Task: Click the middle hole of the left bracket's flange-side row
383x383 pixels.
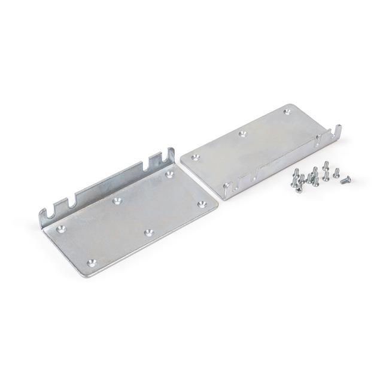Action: coord(116,200)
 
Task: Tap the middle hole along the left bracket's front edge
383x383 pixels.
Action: coord(149,232)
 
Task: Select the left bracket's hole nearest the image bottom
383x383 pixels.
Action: coord(91,262)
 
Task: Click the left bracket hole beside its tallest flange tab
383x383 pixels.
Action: coord(169,174)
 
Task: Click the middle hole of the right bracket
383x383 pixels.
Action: coord(242,134)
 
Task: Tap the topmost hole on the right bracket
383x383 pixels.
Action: coord(288,111)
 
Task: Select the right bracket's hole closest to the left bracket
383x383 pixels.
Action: coord(196,158)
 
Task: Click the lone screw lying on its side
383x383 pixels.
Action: coord(345,180)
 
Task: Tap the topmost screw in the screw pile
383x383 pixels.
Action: coord(326,165)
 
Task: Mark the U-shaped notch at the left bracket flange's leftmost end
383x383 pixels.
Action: coord(48,212)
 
